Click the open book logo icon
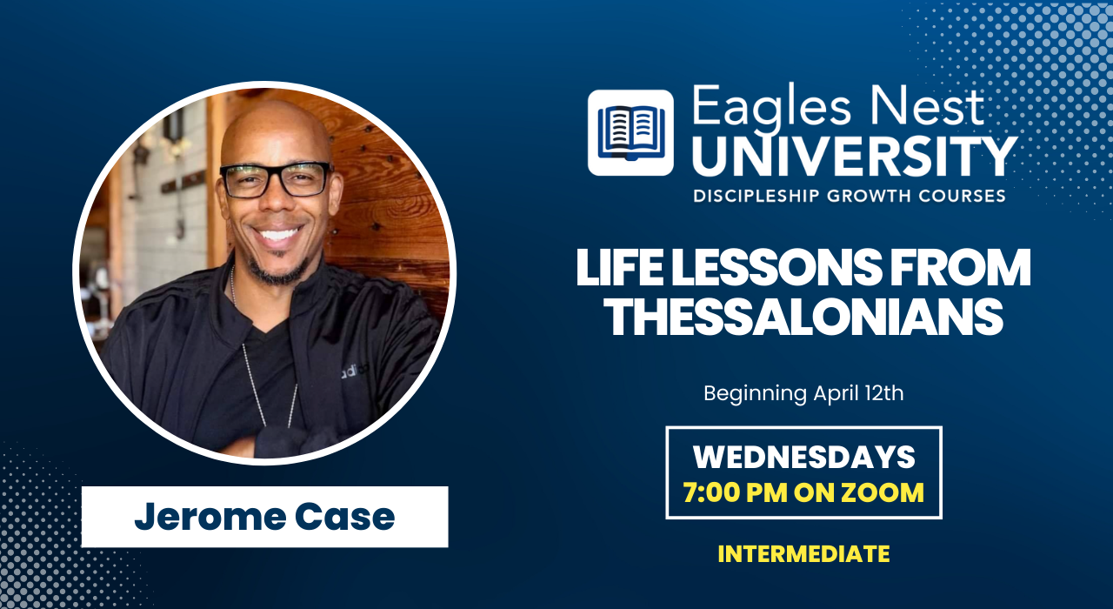(x=630, y=133)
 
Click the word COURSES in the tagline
(x=962, y=196)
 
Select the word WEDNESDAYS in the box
(x=804, y=457)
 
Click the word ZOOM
(x=883, y=492)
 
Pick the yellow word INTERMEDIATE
(x=804, y=554)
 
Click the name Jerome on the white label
(x=210, y=517)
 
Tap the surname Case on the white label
(x=345, y=517)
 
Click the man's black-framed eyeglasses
(x=277, y=179)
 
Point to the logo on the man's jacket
(x=355, y=371)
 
